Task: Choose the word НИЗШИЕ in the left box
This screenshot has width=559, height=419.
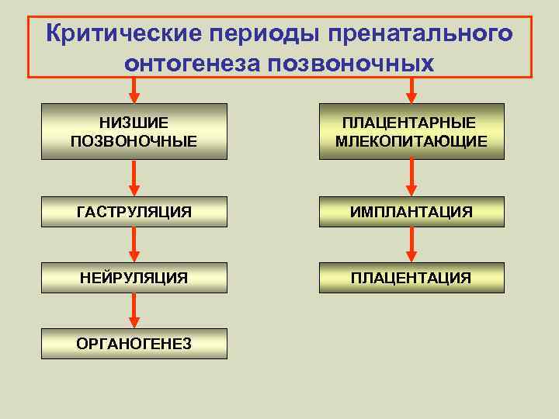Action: click(134, 123)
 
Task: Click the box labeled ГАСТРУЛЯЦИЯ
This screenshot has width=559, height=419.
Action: click(134, 212)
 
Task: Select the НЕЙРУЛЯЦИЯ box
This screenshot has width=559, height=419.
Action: click(134, 277)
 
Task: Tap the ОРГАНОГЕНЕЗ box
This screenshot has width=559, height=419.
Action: click(134, 343)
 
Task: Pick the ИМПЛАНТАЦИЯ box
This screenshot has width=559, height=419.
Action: click(411, 212)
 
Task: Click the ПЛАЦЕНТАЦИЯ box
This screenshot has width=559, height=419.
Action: click(411, 277)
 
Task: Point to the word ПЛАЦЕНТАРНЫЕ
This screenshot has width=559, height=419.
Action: click(411, 123)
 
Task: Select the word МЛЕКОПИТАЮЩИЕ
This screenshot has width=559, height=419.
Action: click(411, 140)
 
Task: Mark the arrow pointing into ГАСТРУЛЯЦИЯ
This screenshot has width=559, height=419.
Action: click(134, 178)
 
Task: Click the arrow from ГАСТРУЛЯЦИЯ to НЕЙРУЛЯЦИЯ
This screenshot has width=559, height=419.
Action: click(134, 244)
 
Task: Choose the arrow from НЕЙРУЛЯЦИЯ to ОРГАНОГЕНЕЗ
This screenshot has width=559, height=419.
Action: click(134, 310)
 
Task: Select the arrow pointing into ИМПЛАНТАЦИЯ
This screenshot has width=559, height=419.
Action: click(411, 178)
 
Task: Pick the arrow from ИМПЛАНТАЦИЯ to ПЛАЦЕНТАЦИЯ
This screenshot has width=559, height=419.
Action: click(411, 244)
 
